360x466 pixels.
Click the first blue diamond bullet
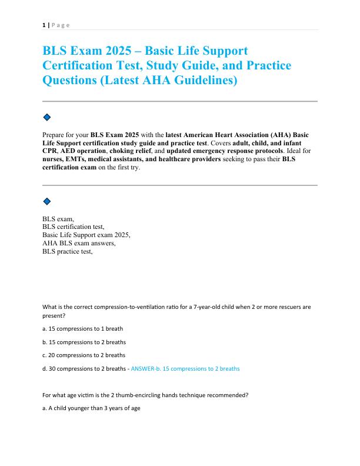pyautogui.click(x=47, y=117)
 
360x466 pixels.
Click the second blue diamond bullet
pyautogui.click(x=47, y=201)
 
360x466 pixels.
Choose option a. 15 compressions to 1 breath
pyautogui.click(x=82, y=328)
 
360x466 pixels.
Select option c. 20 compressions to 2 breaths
pyautogui.click(x=84, y=355)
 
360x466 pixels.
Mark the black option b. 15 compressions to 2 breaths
pyautogui.click(x=84, y=342)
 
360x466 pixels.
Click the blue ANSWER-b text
pyautogui.click(x=185, y=369)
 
